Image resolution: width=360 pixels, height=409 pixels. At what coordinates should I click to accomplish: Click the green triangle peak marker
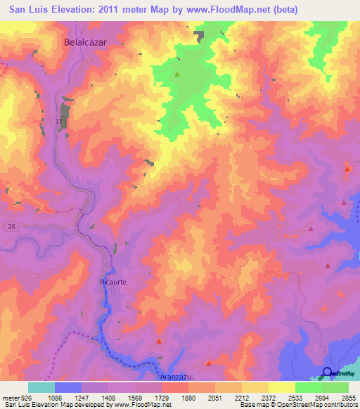pos(177,74)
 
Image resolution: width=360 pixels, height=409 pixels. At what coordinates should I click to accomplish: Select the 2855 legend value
pos(348,398)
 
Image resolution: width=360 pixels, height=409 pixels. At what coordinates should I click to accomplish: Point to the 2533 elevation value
pos(295,398)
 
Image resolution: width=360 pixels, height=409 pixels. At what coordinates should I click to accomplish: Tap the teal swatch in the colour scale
pos(41,387)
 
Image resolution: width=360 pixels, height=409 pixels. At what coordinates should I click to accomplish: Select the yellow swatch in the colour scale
pos(282,387)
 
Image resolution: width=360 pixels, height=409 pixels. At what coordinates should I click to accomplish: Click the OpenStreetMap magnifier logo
pos(327,373)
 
